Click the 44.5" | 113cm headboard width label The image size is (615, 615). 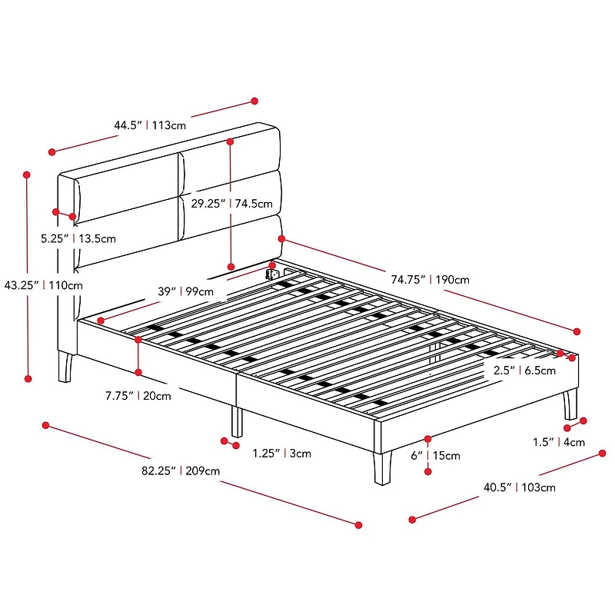pyautogui.click(x=150, y=125)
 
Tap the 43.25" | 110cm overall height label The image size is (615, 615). pyautogui.click(x=44, y=285)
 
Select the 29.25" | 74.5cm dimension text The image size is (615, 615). pyautogui.click(x=232, y=204)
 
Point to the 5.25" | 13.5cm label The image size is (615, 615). pyautogui.click(x=78, y=238)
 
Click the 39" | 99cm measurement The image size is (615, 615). pyautogui.click(x=185, y=291)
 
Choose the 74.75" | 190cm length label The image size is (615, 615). pyautogui.click(x=430, y=280)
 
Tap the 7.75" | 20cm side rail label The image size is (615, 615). pyautogui.click(x=138, y=396)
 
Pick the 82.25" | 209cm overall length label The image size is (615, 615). pyautogui.click(x=181, y=470)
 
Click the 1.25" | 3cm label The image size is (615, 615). pyautogui.click(x=281, y=454)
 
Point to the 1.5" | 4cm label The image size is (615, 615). pyautogui.click(x=559, y=442)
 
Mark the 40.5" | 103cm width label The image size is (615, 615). pyautogui.click(x=520, y=487)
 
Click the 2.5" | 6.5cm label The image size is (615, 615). pyautogui.click(x=524, y=371)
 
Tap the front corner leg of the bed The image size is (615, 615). pyautogui.click(x=382, y=469)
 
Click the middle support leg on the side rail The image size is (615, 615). pyautogui.click(x=237, y=421)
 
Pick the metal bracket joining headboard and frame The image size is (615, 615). pyautogui.click(x=272, y=274)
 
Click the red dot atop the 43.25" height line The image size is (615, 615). pyautogui.click(x=27, y=175)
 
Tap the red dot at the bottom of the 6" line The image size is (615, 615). pyautogui.click(x=428, y=471)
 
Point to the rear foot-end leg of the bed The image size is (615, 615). pyautogui.click(x=570, y=405)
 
